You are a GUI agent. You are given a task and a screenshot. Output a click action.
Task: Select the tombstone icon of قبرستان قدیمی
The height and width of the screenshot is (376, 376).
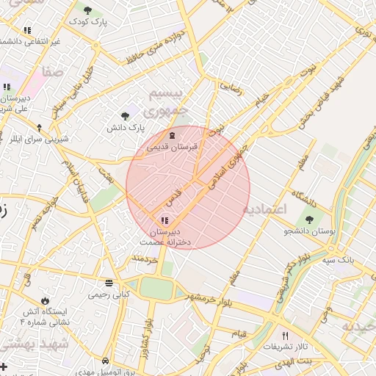click(x=173, y=135)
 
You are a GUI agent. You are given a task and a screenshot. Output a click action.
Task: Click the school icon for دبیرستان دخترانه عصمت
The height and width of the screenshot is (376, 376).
click(x=163, y=220)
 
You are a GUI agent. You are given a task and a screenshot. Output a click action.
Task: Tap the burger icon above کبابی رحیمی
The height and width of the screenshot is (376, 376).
click(x=109, y=283)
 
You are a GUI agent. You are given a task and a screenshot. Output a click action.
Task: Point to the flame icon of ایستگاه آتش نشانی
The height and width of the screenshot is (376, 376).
click(x=46, y=300)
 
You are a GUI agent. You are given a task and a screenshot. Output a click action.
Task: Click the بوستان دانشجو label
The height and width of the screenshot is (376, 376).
click(x=308, y=231)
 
